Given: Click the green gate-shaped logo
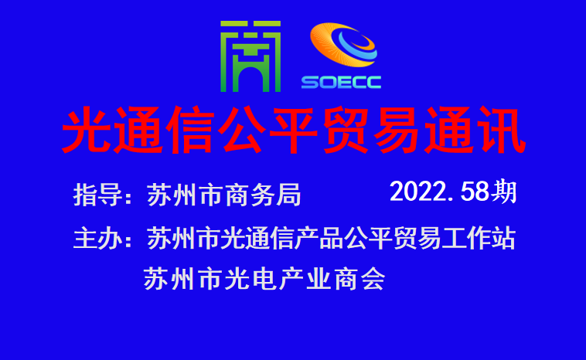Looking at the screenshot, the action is (x=250, y=56).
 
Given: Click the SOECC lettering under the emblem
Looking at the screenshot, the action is (x=341, y=82).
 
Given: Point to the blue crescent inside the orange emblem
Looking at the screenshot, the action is (x=358, y=46).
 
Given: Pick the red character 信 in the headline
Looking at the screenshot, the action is (x=191, y=130).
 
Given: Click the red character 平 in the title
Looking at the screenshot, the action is (x=294, y=130).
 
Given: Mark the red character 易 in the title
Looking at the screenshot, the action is (x=397, y=130).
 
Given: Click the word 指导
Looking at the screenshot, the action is (x=98, y=195).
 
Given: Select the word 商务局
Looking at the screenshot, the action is (x=263, y=195).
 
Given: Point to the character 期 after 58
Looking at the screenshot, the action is (x=504, y=192).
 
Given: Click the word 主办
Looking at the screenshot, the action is (x=98, y=239).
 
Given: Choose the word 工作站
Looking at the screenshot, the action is (x=479, y=238).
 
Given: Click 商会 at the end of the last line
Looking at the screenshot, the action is (x=359, y=280).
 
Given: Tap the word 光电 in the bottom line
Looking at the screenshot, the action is (x=250, y=280).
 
